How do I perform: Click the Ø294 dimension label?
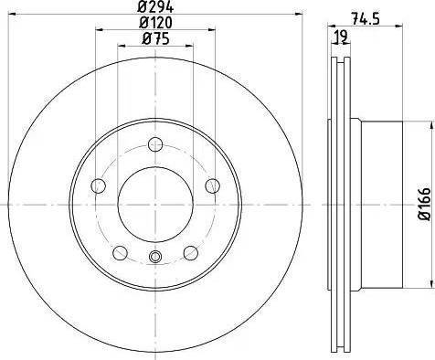155,6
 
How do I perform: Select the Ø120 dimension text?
155,23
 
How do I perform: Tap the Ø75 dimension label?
155,39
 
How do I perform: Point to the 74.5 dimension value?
366,19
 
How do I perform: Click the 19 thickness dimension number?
341,37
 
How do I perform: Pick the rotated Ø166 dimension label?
425,204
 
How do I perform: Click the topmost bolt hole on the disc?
155,144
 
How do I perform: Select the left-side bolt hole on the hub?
99,185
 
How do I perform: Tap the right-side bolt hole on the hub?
212,185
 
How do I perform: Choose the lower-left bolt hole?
120,252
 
